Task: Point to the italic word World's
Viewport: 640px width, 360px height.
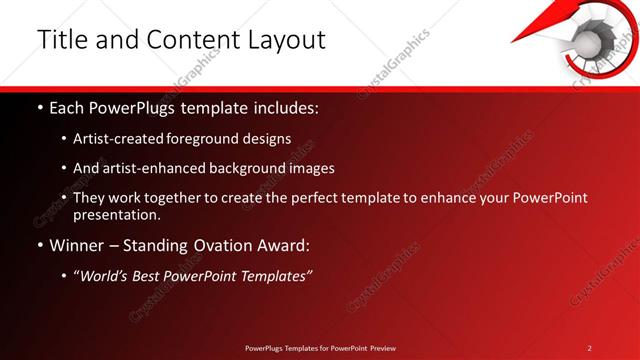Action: (x=107, y=275)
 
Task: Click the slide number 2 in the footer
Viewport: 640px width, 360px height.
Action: (x=589, y=348)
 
